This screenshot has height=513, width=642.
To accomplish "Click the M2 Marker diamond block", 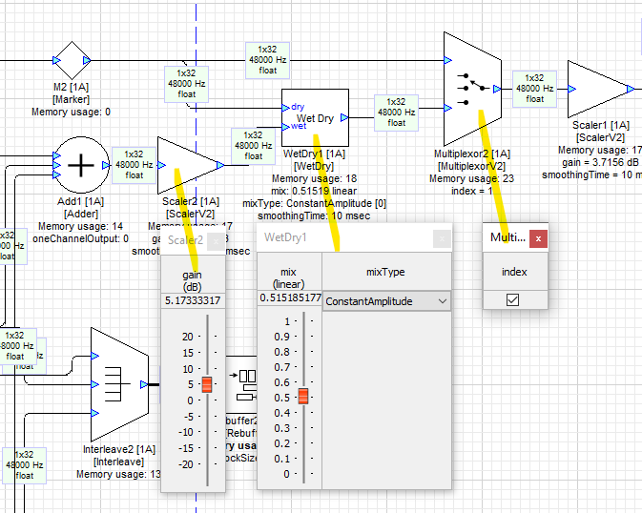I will (72, 61).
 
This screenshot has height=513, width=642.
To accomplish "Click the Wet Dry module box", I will (315, 118).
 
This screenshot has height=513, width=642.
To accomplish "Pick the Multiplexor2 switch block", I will (473, 89).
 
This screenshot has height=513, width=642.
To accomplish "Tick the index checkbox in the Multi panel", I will (512, 299).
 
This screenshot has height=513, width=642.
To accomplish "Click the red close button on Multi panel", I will (538, 237).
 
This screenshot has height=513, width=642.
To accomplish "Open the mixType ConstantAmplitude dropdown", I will (386, 301).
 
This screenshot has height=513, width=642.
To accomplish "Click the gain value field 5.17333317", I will (193, 301).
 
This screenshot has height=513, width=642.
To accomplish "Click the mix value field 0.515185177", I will (290, 298).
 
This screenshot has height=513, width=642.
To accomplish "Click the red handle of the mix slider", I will (303, 396).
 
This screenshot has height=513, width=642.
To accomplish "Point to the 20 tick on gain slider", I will (186, 337).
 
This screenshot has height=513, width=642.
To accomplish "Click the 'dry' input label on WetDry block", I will (299, 107).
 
